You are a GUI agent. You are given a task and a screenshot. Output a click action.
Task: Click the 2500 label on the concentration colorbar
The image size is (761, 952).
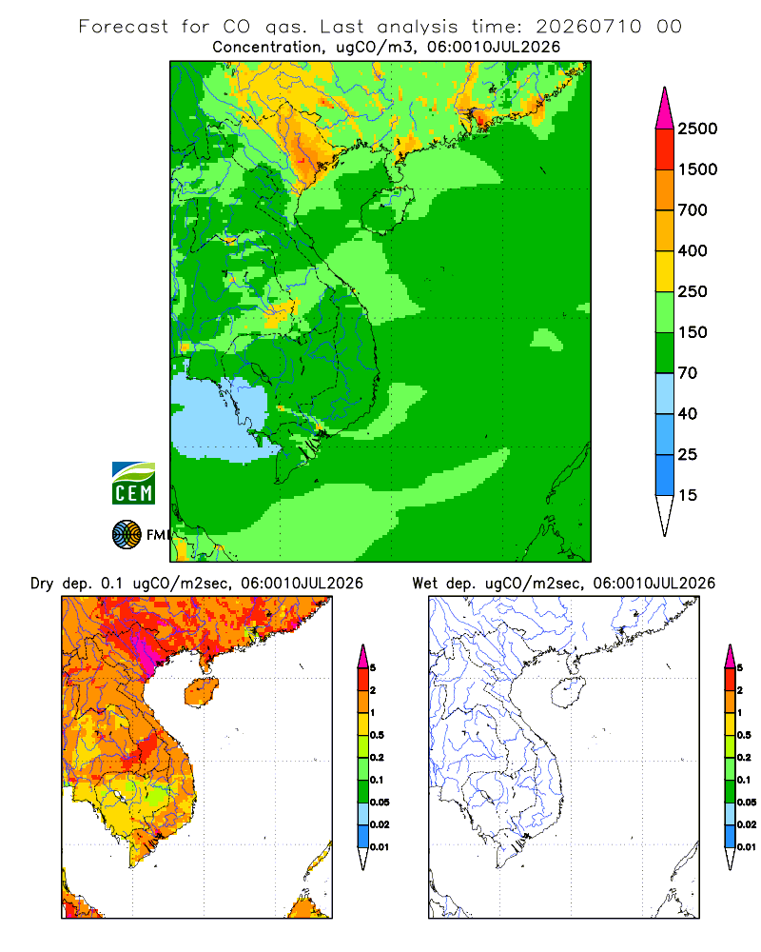pyautogui.click(x=697, y=129)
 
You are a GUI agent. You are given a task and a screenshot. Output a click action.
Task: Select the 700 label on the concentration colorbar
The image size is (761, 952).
pyautogui.click(x=693, y=210)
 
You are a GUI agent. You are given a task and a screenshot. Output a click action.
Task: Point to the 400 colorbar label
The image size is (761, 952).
pyautogui.click(x=693, y=250)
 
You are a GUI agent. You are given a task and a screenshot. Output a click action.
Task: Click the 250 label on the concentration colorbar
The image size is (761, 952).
pyautogui.click(x=693, y=291)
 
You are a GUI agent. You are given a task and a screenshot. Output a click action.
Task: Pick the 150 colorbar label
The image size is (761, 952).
pyautogui.click(x=693, y=332)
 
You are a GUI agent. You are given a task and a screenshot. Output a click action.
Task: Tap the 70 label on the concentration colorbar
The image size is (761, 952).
pyautogui.click(x=688, y=373)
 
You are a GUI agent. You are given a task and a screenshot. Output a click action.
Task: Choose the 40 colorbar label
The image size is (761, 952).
pyautogui.click(x=688, y=413)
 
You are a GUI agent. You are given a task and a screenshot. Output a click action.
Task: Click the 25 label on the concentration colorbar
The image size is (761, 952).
pyautogui.click(x=688, y=454)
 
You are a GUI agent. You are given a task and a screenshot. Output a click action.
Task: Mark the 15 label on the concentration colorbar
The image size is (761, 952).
pyautogui.click(x=688, y=495)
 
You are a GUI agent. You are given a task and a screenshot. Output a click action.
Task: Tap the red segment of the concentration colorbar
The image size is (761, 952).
pyautogui.click(x=665, y=149)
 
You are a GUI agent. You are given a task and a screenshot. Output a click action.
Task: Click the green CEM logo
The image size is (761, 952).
pyautogui.click(x=133, y=484)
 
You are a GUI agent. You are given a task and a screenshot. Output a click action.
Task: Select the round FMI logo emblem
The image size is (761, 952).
pyautogui.click(x=127, y=535)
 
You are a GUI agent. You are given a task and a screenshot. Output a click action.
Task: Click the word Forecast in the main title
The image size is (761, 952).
pyautogui.click(x=124, y=27)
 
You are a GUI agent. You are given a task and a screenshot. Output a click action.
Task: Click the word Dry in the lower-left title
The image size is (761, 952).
pyautogui.click(x=42, y=584)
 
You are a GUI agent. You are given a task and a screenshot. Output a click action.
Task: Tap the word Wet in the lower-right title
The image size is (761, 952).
pyautogui.click(x=424, y=583)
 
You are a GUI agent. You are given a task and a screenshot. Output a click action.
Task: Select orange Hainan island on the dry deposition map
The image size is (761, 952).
pyautogui.click(x=202, y=692)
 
